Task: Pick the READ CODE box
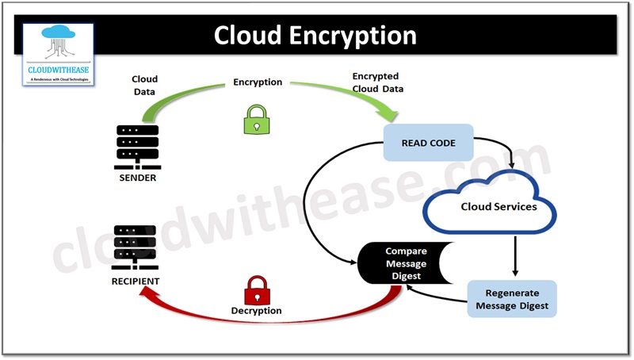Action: (428, 143)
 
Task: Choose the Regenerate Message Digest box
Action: (511, 299)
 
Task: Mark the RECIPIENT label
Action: (136, 281)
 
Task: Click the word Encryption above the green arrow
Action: (258, 82)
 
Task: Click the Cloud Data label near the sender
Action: (144, 85)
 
